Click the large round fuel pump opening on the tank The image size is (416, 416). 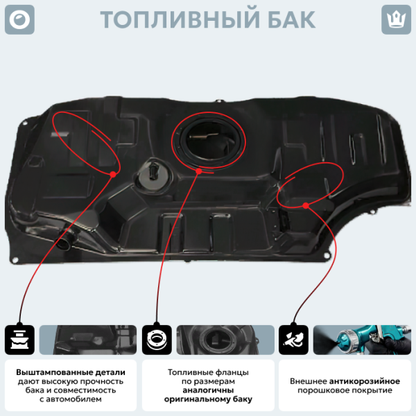(x=209, y=139)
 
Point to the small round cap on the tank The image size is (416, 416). (x=150, y=174)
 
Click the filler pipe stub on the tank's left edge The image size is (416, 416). (x=66, y=240)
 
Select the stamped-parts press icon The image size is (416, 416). (x=19, y=340)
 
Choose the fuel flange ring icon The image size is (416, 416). (x=156, y=340)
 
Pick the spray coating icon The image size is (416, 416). (x=293, y=340)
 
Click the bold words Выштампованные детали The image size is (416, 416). (x=70, y=372)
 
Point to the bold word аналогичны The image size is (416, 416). (x=207, y=390)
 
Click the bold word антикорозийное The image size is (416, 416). (x=365, y=381)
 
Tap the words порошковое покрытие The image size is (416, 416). (x=344, y=390)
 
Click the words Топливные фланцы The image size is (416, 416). (x=207, y=372)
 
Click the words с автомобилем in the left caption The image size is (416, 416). (x=70, y=399)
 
